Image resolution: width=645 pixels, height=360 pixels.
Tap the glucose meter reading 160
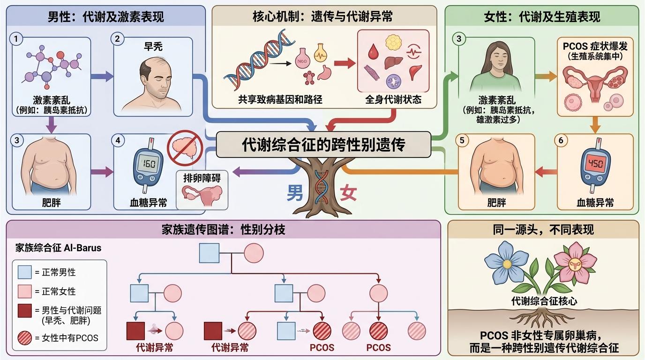[149, 164]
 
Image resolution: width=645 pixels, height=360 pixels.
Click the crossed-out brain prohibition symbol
[185, 147]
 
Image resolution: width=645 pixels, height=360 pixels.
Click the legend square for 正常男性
[24, 272]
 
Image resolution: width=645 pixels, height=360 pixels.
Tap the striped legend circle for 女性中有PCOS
[24, 337]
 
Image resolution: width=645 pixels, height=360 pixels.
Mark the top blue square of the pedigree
[210, 253]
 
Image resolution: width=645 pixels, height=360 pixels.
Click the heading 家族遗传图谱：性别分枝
[223, 230]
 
